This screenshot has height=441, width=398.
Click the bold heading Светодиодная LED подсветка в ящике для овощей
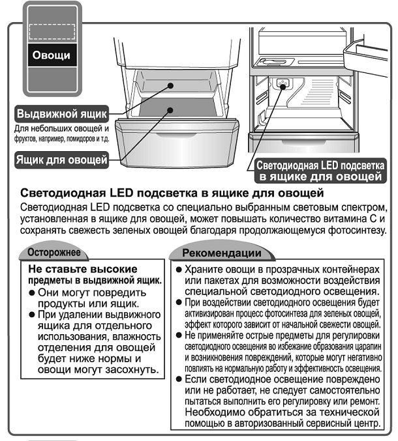point(172,193)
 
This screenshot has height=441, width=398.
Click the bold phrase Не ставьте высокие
point(83,268)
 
